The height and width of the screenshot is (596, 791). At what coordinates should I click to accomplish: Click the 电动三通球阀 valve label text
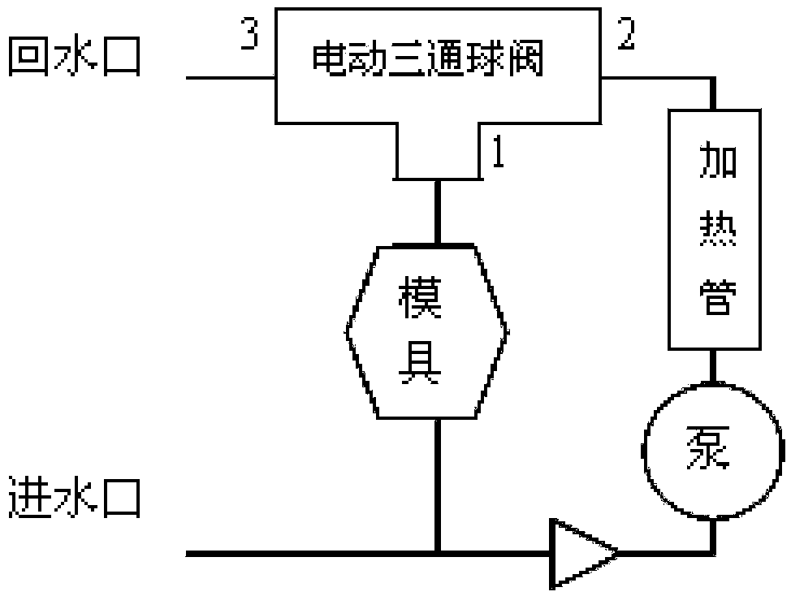tap(427, 61)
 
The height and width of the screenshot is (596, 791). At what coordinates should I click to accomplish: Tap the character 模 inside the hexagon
tap(421, 300)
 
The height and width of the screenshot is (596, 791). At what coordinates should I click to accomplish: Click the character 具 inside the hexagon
tap(420, 367)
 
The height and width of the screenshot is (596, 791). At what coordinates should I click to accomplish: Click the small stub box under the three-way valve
tap(438, 154)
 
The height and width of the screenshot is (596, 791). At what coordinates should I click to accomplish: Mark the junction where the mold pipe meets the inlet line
tap(438, 554)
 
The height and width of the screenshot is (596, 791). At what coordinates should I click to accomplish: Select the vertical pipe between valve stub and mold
tap(438, 211)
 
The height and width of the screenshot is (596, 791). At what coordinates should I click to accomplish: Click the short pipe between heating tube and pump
tap(714, 368)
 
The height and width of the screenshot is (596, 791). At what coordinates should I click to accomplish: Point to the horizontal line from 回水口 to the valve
tap(231, 78)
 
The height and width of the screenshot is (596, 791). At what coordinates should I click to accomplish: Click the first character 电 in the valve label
tap(326, 61)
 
